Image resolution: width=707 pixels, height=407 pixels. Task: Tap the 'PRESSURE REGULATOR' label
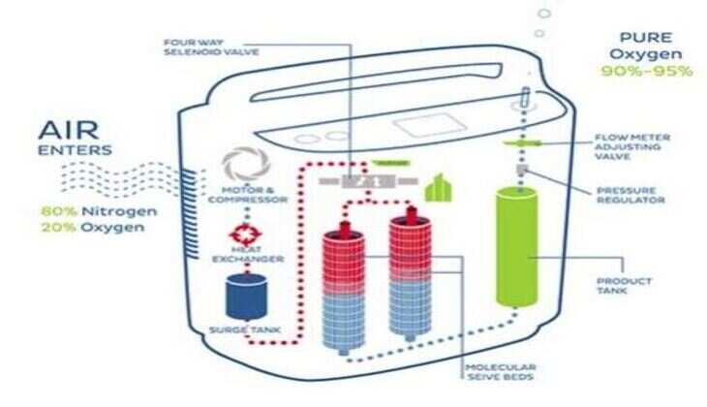click(629, 194)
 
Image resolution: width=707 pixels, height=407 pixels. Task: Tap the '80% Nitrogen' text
click(86, 210)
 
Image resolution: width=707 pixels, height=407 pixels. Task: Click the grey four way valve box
click(357, 182)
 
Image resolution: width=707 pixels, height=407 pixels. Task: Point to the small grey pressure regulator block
click(521, 172)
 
